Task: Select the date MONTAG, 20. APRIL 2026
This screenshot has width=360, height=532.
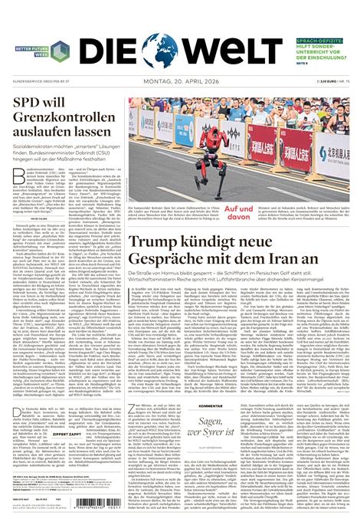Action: [179, 80]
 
